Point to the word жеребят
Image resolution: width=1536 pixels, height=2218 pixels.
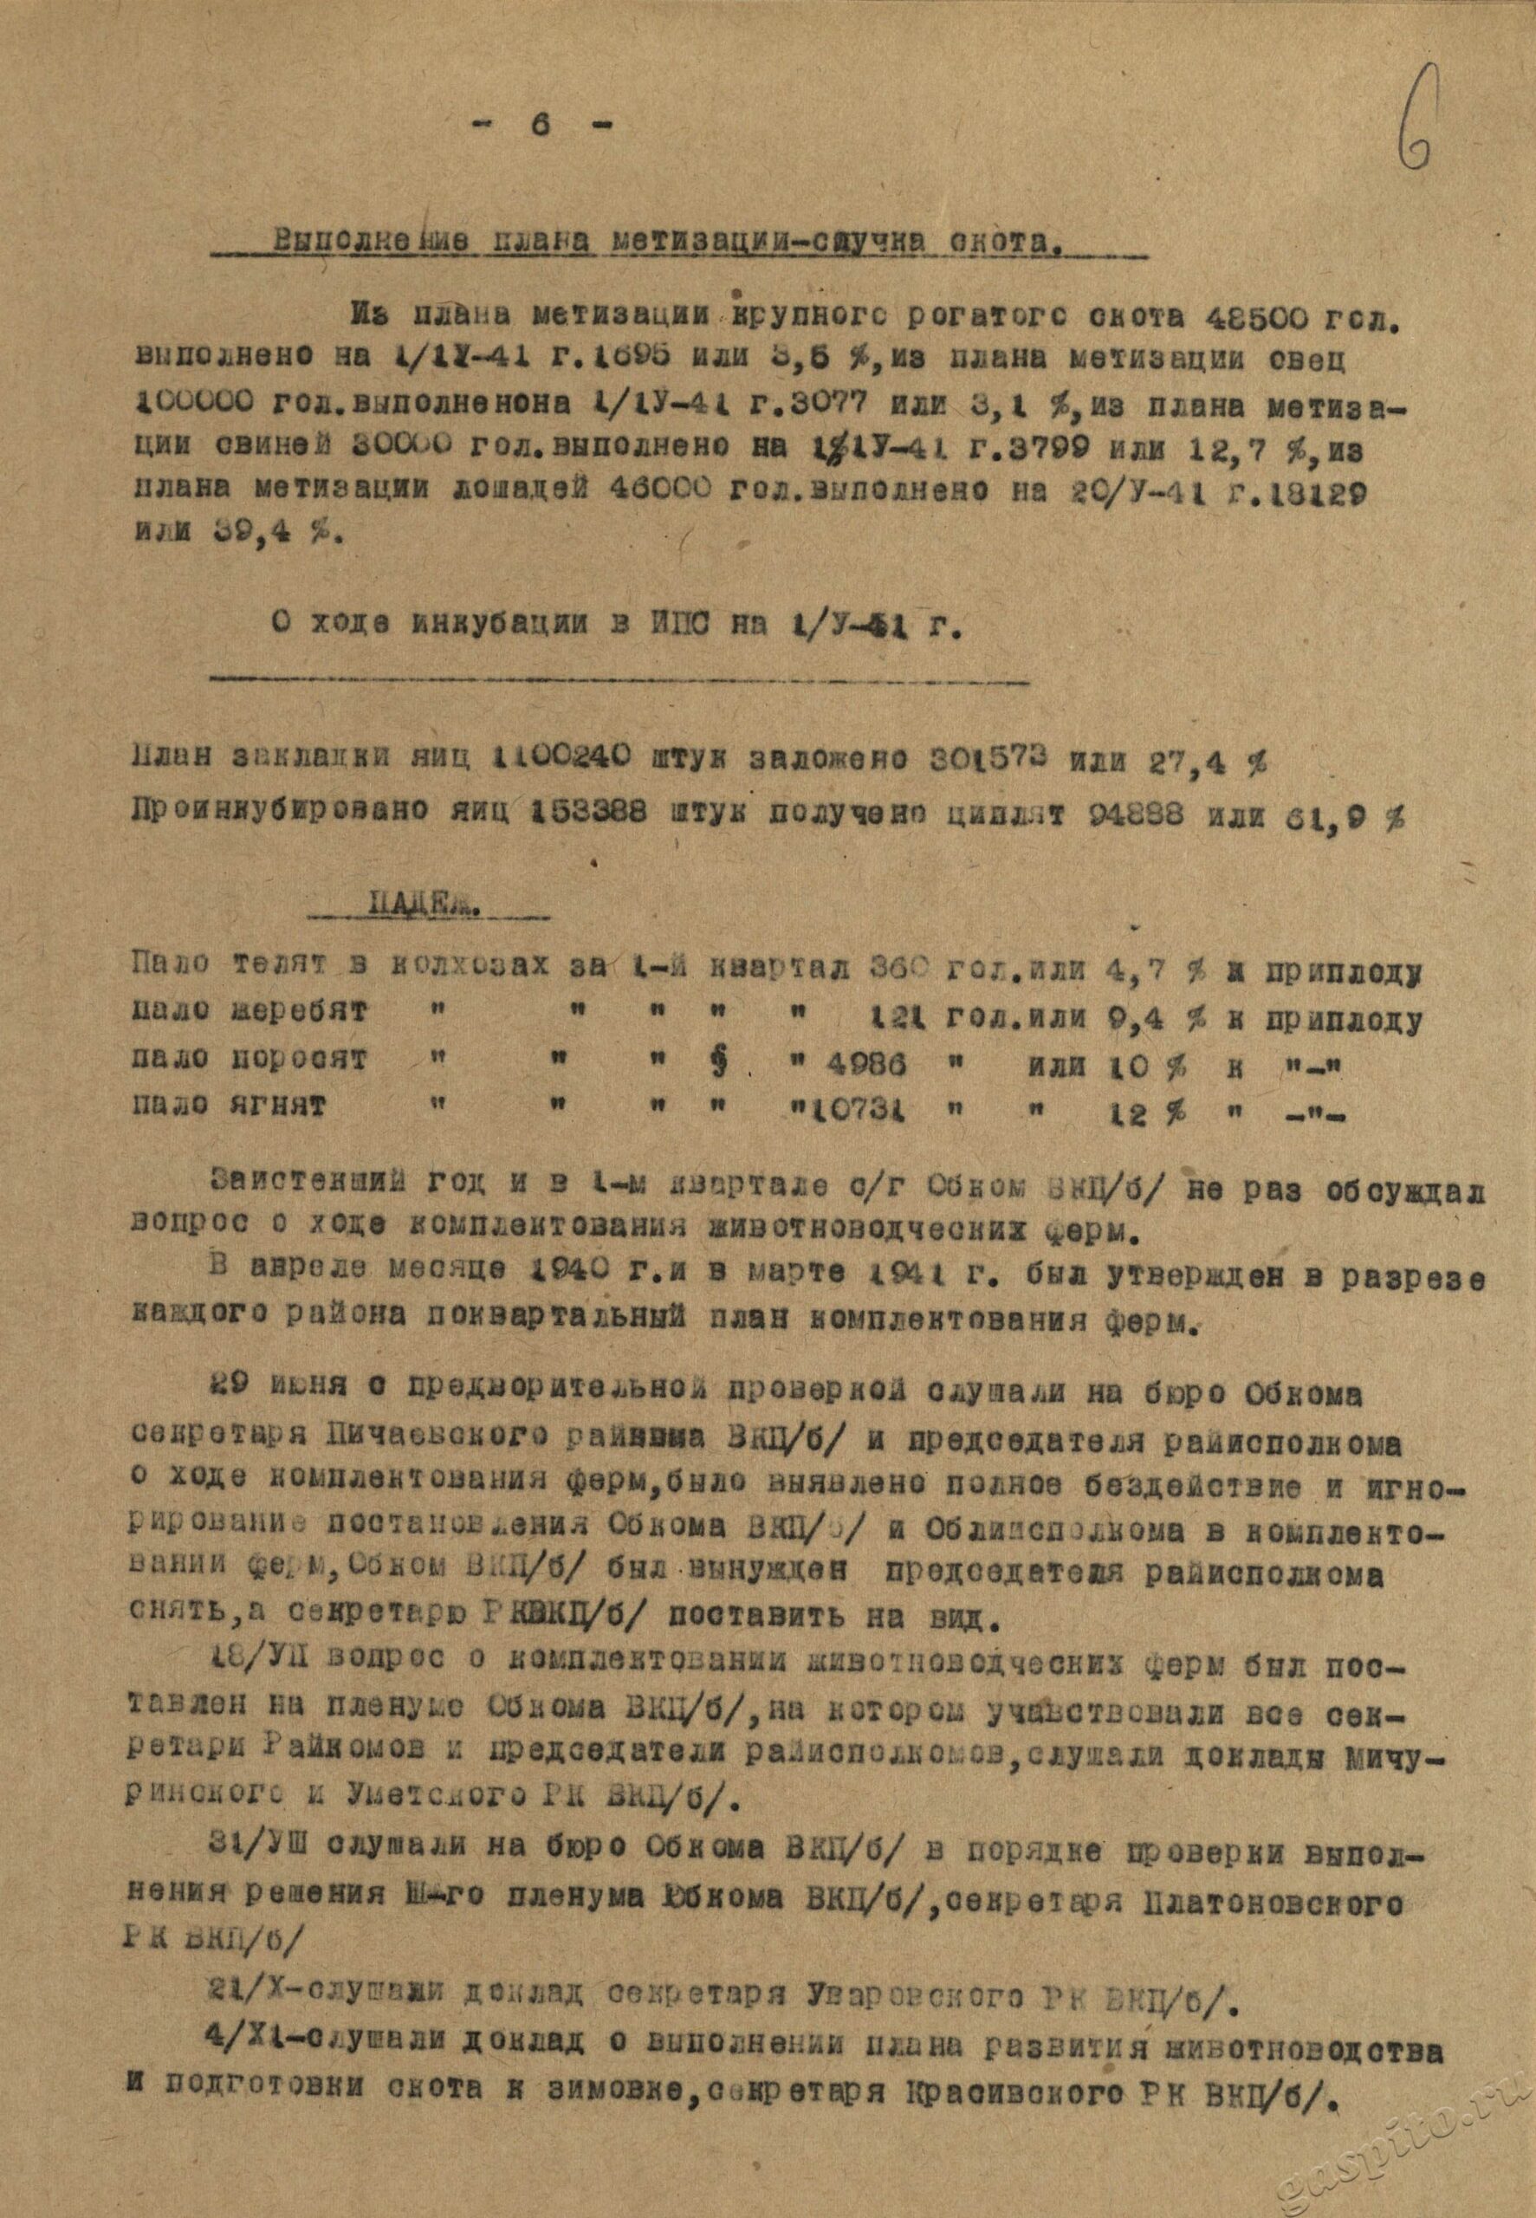(299, 1015)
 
